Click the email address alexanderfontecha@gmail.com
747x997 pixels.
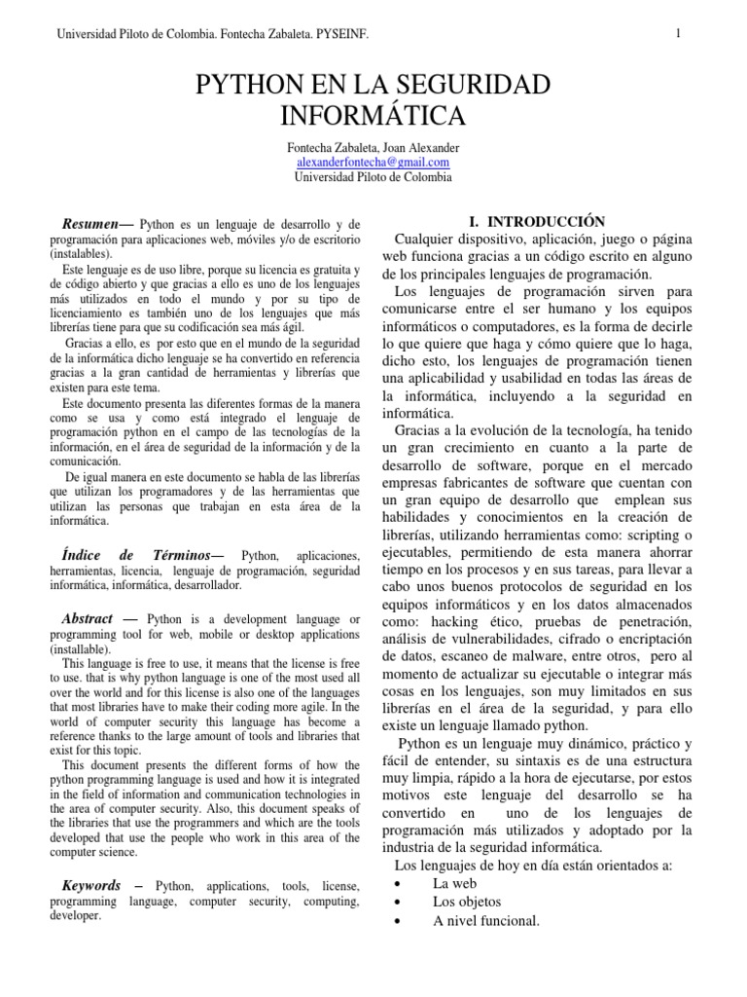click(x=373, y=163)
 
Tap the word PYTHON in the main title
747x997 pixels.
click(x=251, y=87)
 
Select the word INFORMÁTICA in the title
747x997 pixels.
click(x=373, y=117)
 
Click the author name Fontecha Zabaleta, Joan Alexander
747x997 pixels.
click(x=373, y=148)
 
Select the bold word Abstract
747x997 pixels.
click(x=88, y=618)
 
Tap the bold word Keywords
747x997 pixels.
click(x=91, y=885)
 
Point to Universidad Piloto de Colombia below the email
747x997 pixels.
click(x=373, y=177)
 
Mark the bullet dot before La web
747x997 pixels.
click(x=401, y=883)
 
